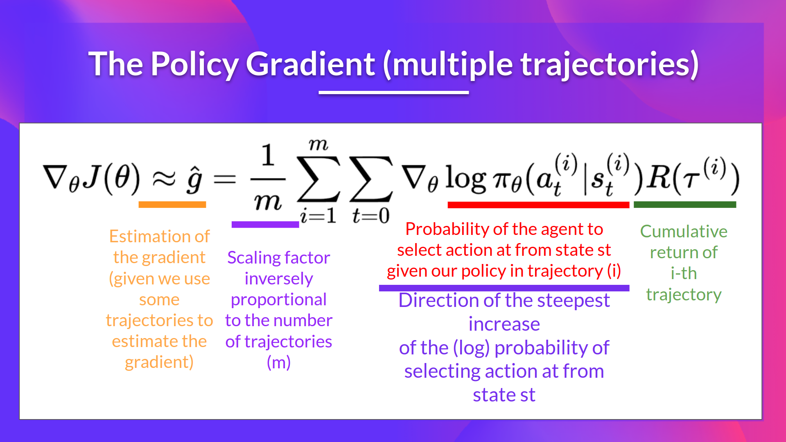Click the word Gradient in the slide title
[310, 64]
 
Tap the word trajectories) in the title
[609, 64]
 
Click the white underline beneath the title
[393, 92]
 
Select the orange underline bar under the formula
[172, 205]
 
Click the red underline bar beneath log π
[538, 205]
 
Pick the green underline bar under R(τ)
[684, 205]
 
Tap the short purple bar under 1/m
[265, 224]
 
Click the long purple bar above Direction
[504, 288]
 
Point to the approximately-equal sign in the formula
[164, 178]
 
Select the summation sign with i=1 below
[318, 179]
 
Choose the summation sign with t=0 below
[370, 179]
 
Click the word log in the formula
[465, 178]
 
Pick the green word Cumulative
[683, 232]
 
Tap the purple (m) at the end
[278, 363]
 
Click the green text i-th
[683, 273]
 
